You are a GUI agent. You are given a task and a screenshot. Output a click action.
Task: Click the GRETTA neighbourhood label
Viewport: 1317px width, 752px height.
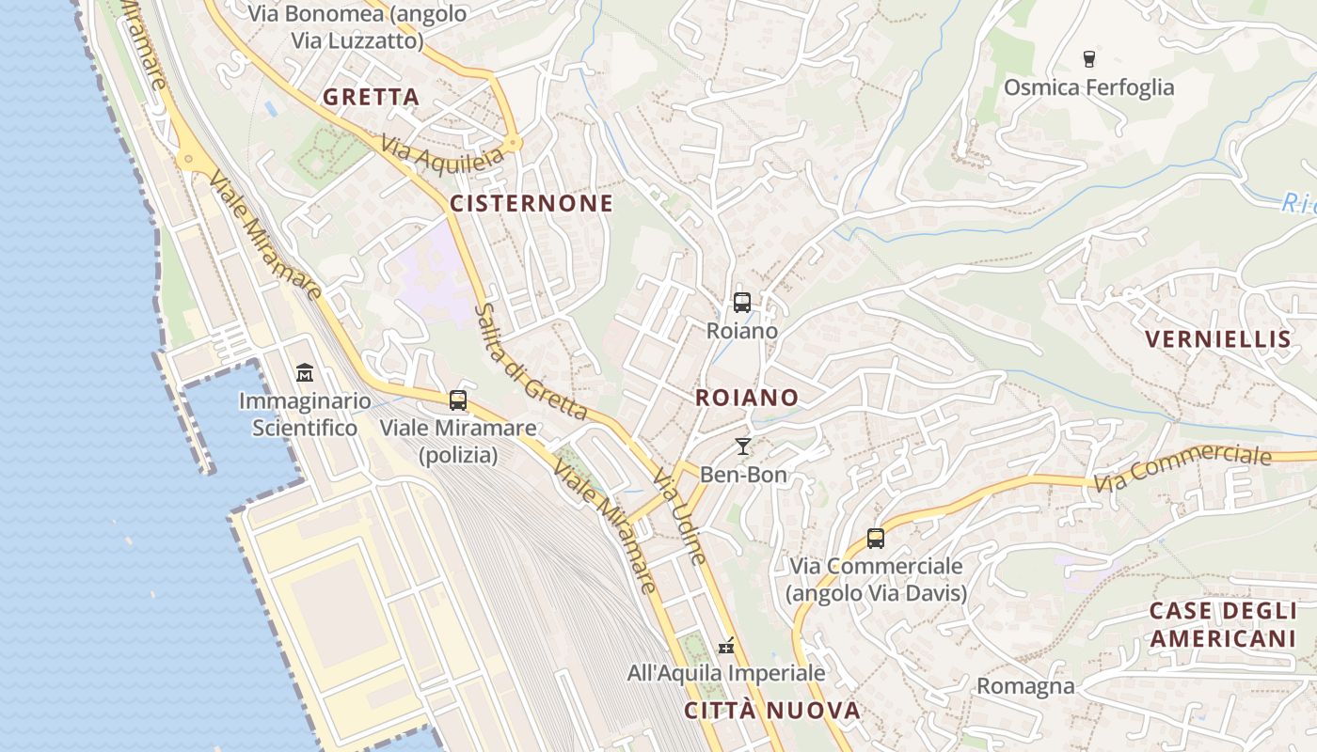(x=371, y=97)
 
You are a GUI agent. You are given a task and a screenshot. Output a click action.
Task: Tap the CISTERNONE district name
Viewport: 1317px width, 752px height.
(x=532, y=204)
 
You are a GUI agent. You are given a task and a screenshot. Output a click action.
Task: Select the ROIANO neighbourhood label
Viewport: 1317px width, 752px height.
(x=747, y=398)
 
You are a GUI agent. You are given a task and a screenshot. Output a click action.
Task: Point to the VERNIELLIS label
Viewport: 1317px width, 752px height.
(x=1217, y=339)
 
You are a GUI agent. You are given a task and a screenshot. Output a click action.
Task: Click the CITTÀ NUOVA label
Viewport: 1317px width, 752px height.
(x=772, y=710)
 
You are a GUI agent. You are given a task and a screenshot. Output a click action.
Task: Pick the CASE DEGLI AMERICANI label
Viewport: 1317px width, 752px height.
(x=1223, y=624)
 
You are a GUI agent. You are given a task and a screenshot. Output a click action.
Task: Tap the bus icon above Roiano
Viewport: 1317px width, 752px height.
(x=742, y=303)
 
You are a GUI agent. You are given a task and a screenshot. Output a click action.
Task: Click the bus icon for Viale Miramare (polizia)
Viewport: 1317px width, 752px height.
(x=458, y=400)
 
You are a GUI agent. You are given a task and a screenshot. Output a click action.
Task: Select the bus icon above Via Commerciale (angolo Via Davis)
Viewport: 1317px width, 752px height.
(x=876, y=539)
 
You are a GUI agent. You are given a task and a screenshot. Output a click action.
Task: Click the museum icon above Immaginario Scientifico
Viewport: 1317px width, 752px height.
(x=304, y=373)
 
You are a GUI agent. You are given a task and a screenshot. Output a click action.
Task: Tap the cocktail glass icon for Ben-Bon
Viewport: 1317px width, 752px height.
(x=743, y=446)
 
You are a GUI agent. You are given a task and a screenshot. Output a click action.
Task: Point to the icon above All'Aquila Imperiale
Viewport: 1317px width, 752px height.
(x=726, y=646)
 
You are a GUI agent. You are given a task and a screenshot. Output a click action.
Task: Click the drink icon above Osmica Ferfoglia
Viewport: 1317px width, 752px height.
(x=1089, y=59)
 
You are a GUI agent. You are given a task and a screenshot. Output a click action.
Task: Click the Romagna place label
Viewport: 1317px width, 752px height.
(x=1025, y=686)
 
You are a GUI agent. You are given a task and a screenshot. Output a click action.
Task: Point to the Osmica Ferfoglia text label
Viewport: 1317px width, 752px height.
(x=1089, y=87)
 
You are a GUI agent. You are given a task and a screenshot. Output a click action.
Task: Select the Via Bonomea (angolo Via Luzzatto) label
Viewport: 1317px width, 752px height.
(x=357, y=27)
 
